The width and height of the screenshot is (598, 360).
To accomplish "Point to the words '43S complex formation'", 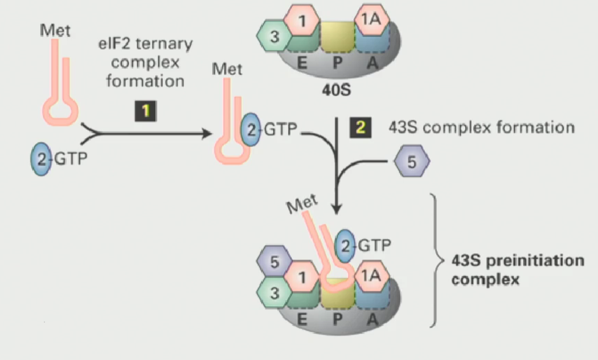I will (x=482, y=128).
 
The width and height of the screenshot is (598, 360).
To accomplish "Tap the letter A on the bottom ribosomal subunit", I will (x=372, y=319).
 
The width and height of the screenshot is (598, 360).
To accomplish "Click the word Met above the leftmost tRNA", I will (x=55, y=30).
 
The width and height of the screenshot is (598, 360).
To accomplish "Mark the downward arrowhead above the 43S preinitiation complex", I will (x=338, y=209).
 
